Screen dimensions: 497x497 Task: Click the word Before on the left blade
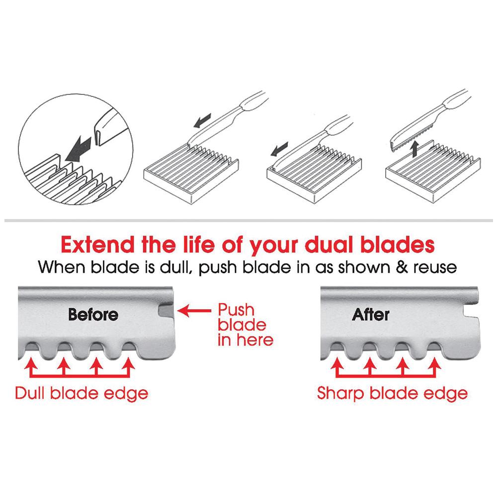point(93,315)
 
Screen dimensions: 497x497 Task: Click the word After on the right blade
point(371,315)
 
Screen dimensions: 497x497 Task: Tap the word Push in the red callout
point(236,310)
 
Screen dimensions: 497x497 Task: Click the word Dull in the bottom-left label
point(31,393)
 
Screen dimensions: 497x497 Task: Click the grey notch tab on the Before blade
point(166,312)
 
